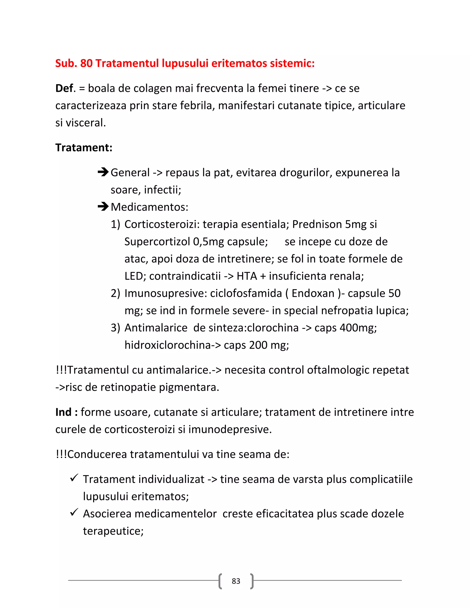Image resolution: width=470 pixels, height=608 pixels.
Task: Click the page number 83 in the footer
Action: coord(236,581)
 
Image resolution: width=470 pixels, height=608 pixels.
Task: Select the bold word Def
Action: coord(64,89)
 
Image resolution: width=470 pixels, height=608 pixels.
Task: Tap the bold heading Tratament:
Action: coord(84,148)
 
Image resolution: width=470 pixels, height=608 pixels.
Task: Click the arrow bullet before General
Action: coord(103,172)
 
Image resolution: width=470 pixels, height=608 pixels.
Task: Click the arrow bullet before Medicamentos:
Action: coord(103,207)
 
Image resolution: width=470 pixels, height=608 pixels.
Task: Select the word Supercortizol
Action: coord(157,242)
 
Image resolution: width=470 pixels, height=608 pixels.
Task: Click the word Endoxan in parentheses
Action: coord(313,293)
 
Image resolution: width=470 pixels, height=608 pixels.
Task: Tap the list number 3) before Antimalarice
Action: coord(115,328)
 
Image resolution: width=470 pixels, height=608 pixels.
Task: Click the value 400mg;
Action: coord(358,328)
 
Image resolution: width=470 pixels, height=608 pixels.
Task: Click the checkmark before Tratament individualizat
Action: coord(74,478)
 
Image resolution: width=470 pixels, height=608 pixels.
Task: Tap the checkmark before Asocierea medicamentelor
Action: coord(74,513)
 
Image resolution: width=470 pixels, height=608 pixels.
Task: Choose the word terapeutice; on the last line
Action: coord(113,531)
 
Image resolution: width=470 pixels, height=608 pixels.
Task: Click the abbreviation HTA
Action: coord(247,276)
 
